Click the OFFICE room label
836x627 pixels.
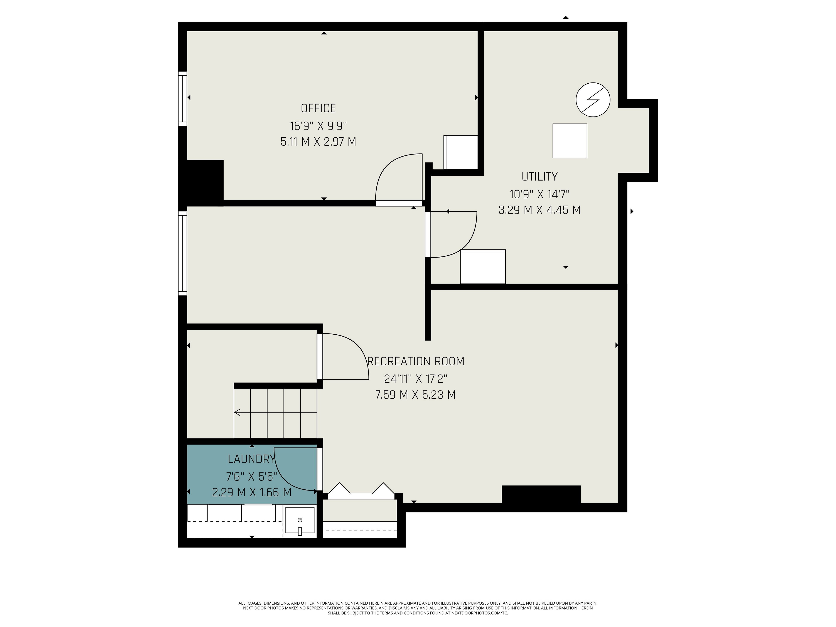pyautogui.click(x=318, y=108)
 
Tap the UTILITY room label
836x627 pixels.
pyautogui.click(x=539, y=177)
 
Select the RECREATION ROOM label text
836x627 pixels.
pyautogui.click(x=416, y=361)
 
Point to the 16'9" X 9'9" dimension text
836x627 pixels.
pyautogui.click(x=318, y=125)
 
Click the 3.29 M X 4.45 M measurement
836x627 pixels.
pyautogui.click(x=539, y=210)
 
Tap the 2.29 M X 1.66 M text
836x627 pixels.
pyautogui.click(x=252, y=492)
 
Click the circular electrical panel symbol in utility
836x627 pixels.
pyautogui.click(x=593, y=100)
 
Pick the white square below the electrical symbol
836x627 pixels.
pyautogui.click(x=570, y=141)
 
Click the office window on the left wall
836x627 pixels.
pyautogui.click(x=182, y=99)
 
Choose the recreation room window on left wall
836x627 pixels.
pyautogui.click(x=182, y=253)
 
